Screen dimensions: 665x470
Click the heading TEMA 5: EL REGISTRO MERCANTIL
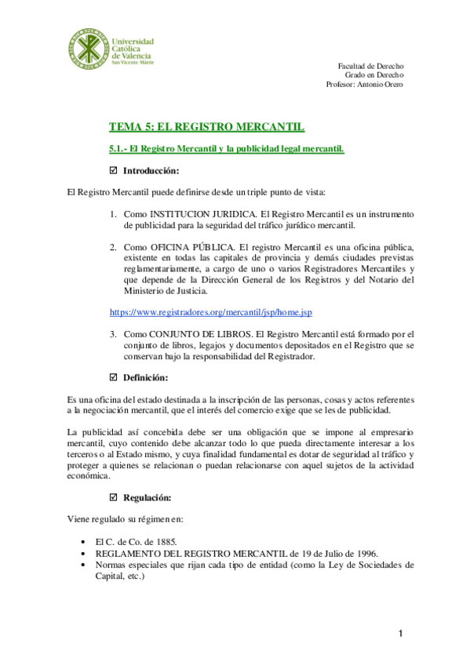tap(206, 126)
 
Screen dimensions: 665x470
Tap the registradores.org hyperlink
tap(210, 312)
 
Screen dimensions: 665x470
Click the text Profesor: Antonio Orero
tap(364, 85)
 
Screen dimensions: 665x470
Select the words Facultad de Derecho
tap(370, 66)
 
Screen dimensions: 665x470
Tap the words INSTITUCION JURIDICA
tap(195, 214)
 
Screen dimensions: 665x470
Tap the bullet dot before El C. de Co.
tap(84, 542)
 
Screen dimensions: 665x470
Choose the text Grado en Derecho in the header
tap(374, 75)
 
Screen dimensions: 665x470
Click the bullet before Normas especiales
tap(84, 564)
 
